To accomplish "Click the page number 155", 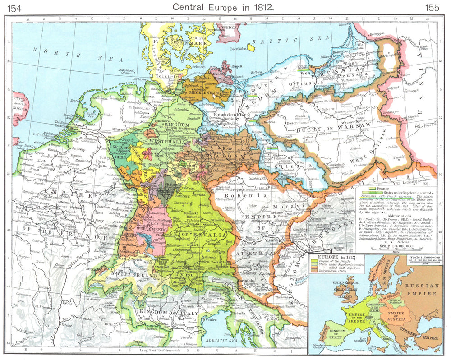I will pyautogui.click(x=432, y=7).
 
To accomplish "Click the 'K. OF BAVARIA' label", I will pyautogui.click(x=204, y=235).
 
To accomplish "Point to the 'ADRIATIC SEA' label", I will pyautogui.click(x=221, y=341).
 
